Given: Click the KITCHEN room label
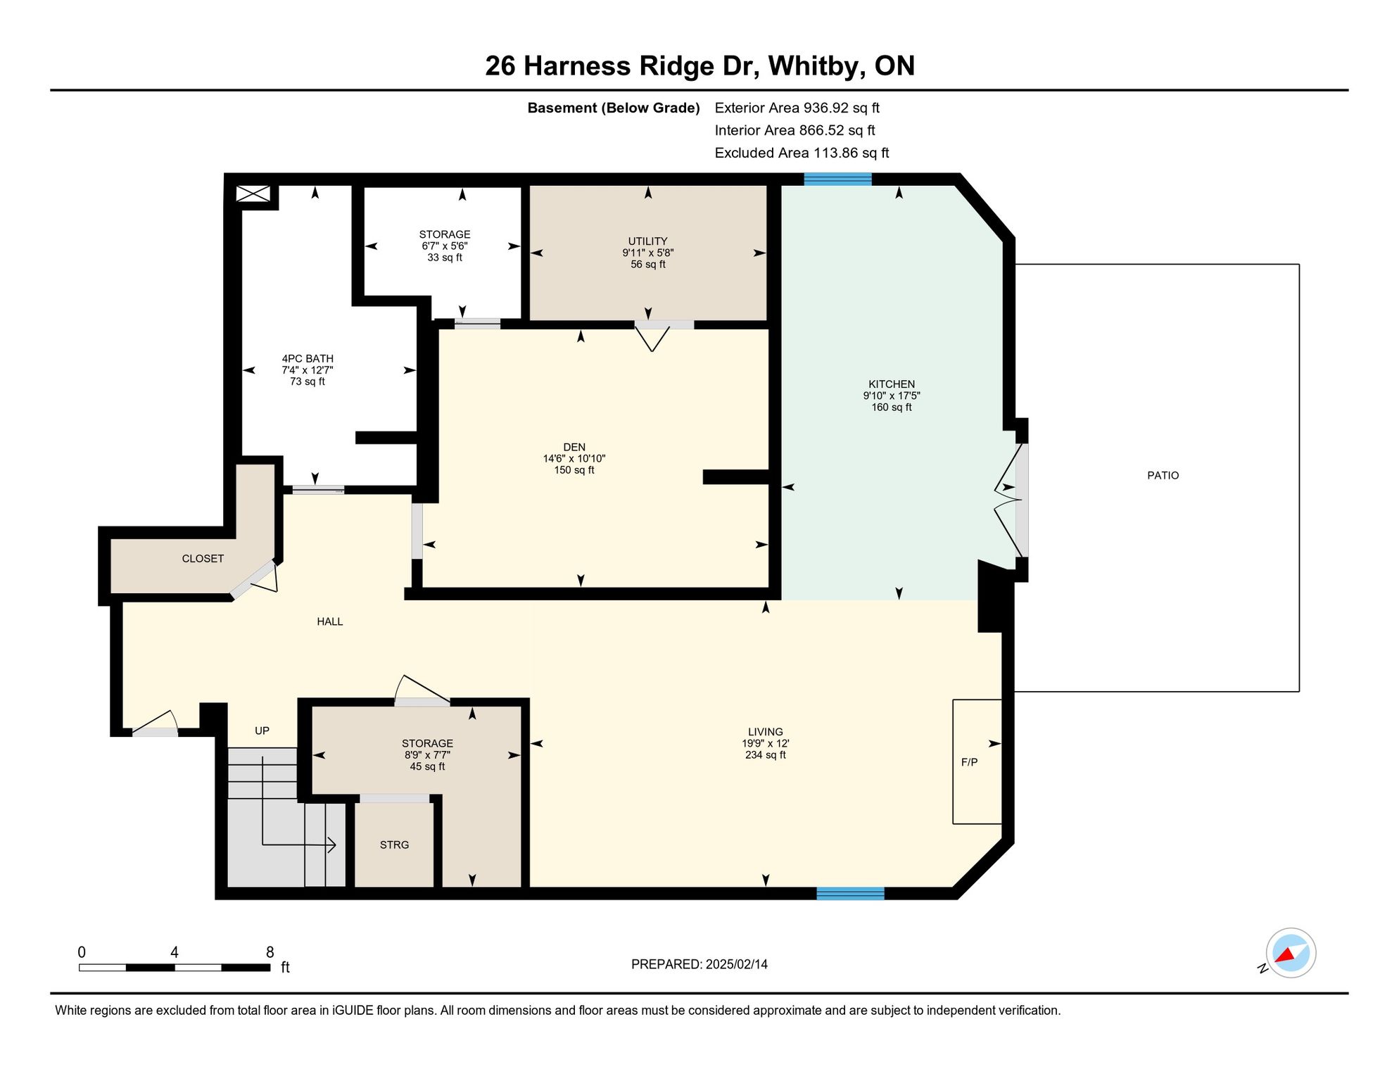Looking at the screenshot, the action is pos(891,384).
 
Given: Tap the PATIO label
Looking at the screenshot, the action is pos(1163,476).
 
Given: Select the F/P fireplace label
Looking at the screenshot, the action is pos(969,762).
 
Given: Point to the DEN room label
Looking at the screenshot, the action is pos(574,447).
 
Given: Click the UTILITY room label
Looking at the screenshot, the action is pos(647,241).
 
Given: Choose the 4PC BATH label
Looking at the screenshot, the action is pos(308,359).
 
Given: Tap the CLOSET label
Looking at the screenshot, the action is pos(203,559).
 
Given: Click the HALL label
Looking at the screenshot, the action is pos(329,621).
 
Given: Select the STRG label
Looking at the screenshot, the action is pos(394,845).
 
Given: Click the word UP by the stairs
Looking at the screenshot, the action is pos(262,731).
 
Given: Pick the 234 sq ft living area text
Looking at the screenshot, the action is pos(766,755).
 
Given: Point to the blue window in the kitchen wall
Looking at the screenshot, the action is pos(837,179).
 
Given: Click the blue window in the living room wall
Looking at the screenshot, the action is pos(850,894).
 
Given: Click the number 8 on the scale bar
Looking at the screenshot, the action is pos(270,952).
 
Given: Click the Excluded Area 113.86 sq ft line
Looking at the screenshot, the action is pos(802,153).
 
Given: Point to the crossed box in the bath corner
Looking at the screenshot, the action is pos(253,194).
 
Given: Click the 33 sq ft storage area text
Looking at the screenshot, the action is pos(445,258).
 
